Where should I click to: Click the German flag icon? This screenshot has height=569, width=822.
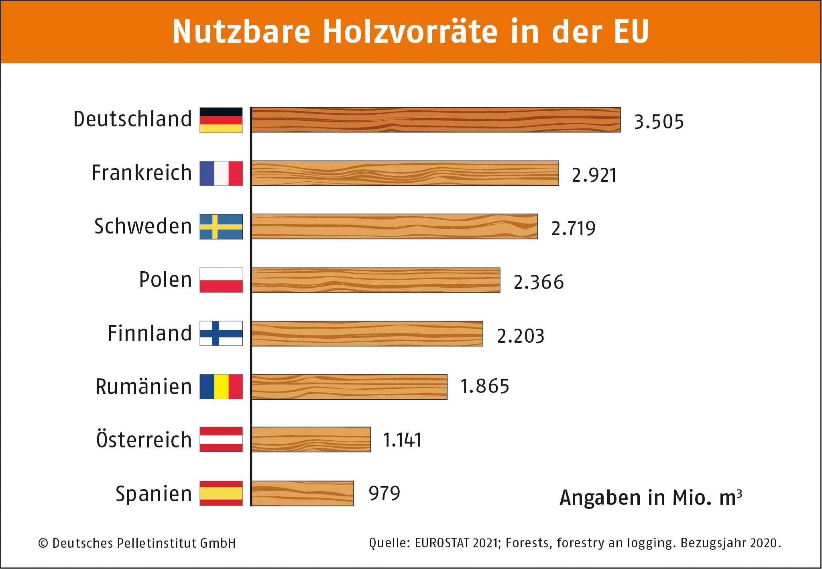click(x=221, y=120)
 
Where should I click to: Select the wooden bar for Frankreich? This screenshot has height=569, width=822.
click(x=405, y=173)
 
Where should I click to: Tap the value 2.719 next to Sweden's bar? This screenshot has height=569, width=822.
click(x=573, y=228)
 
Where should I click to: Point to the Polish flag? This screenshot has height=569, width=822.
click(x=221, y=280)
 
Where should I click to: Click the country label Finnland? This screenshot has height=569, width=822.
click(x=149, y=333)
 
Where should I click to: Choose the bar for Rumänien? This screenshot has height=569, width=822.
click(x=349, y=387)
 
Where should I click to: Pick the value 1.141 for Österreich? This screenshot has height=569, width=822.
click(x=402, y=440)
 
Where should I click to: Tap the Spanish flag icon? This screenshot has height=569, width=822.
click(x=221, y=493)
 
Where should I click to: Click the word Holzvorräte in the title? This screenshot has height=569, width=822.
click(x=410, y=32)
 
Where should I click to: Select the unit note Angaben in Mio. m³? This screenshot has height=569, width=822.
click(x=651, y=498)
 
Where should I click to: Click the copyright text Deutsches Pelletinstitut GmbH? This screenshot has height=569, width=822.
click(x=144, y=543)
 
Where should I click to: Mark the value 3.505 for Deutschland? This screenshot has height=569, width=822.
click(x=659, y=122)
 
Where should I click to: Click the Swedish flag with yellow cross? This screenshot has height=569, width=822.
click(x=221, y=227)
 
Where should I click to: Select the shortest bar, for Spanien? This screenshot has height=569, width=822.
click(x=303, y=493)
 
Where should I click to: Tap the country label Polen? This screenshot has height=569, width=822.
click(x=165, y=280)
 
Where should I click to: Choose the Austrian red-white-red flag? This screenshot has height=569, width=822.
click(x=221, y=439)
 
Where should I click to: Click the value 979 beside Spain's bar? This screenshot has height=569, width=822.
click(x=384, y=493)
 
